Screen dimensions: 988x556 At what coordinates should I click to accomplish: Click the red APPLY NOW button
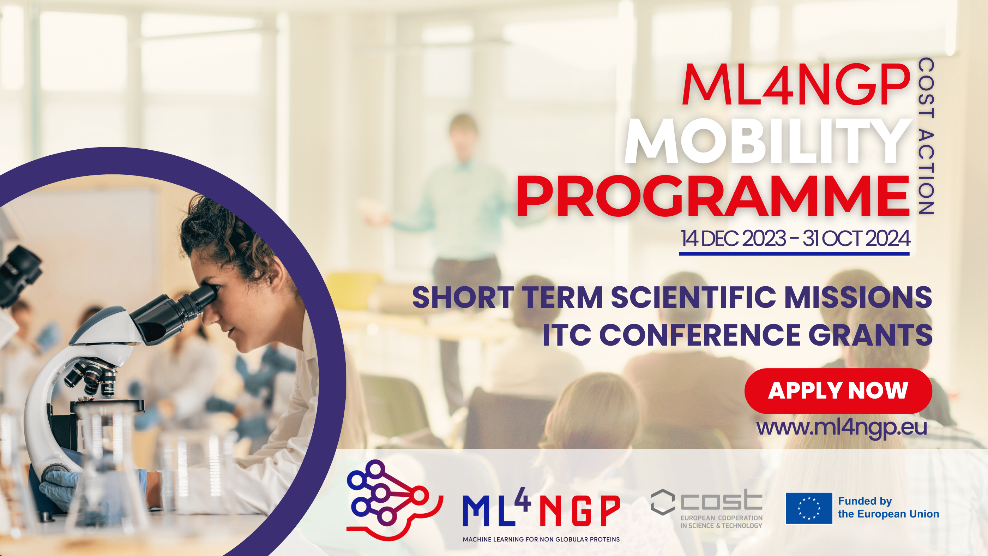838,391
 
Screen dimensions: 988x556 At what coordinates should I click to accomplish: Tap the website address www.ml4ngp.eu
842,428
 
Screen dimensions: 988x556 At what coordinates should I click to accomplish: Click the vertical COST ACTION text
926,136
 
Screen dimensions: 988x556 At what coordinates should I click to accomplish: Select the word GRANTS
870,335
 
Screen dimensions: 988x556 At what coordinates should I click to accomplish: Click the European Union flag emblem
809,508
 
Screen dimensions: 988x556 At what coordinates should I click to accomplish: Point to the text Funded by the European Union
888,507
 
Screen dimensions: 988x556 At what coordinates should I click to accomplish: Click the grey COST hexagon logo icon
662,502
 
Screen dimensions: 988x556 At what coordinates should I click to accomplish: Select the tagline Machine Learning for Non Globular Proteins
541,539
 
